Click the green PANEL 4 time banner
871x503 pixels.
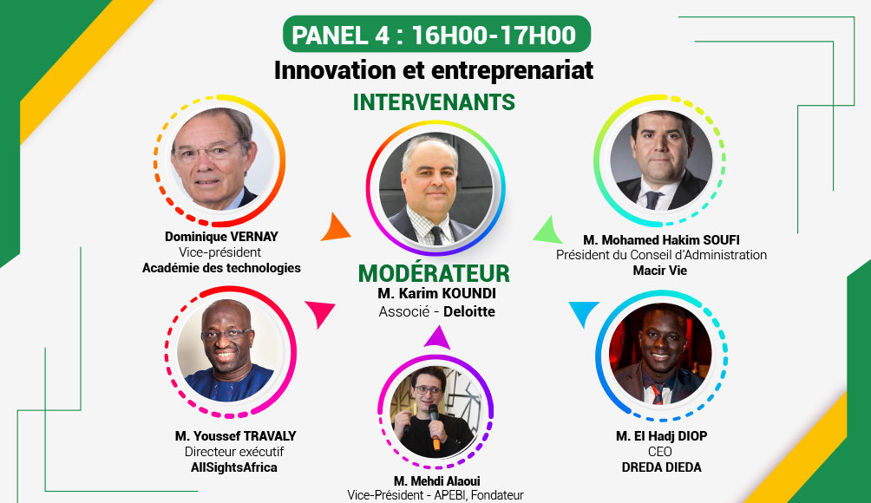[x=436, y=35]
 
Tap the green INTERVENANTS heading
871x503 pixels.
[x=434, y=102]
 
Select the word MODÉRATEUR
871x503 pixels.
[x=434, y=273]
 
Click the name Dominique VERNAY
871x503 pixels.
[x=221, y=237]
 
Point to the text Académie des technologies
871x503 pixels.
[x=221, y=268]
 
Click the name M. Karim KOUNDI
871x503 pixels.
[x=436, y=293]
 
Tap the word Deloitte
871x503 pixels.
[x=468, y=311]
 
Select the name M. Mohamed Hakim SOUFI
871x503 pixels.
[x=661, y=240]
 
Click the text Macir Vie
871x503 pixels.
[x=660, y=271]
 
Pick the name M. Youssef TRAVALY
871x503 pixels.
[x=235, y=436]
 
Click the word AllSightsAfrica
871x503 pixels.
[x=234, y=467]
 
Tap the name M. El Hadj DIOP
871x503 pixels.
[x=661, y=436]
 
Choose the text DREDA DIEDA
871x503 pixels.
[x=661, y=467]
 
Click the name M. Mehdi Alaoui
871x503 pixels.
[x=436, y=480]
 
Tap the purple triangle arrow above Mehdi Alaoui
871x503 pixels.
[x=437, y=338]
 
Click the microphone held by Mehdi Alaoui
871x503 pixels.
[x=435, y=427]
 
